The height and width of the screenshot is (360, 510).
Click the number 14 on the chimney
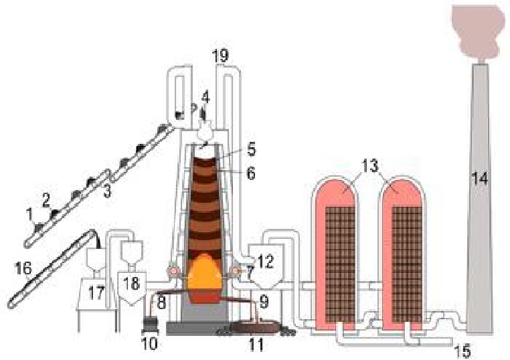click(x=480, y=179)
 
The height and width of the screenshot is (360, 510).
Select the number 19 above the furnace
click(x=220, y=56)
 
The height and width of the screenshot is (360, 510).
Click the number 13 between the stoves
click(x=371, y=166)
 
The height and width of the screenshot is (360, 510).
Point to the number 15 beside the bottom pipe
click(x=462, y=351)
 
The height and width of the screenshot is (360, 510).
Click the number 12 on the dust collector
click(x=266, y=261)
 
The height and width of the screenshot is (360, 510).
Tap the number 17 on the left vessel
click(x=96, y=292)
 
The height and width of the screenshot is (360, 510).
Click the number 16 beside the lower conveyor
click(x=23, y=268)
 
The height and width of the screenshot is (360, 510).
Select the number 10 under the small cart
click(x=151, y=343)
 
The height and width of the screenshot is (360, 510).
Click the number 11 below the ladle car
click(x=256, y=344)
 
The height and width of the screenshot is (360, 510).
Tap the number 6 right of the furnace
click(x=251, y=174)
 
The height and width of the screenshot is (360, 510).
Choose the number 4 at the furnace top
click(x=205, y=97)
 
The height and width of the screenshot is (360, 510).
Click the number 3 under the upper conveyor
click(x=107, y=191)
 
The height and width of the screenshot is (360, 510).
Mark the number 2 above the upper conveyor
click(x=46, y=201)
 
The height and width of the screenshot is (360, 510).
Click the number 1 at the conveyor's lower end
click(x=29, y=214)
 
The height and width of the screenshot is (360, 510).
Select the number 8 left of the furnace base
click(x=162, y=302)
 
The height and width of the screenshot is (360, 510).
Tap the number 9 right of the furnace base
click(x=264, y=302)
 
